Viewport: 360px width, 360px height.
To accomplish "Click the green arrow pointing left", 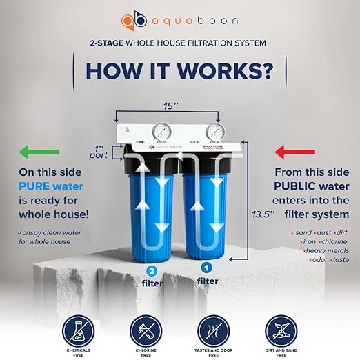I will [x=40, y=151].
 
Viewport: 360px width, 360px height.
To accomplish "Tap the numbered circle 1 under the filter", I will [x=206, y=266].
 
